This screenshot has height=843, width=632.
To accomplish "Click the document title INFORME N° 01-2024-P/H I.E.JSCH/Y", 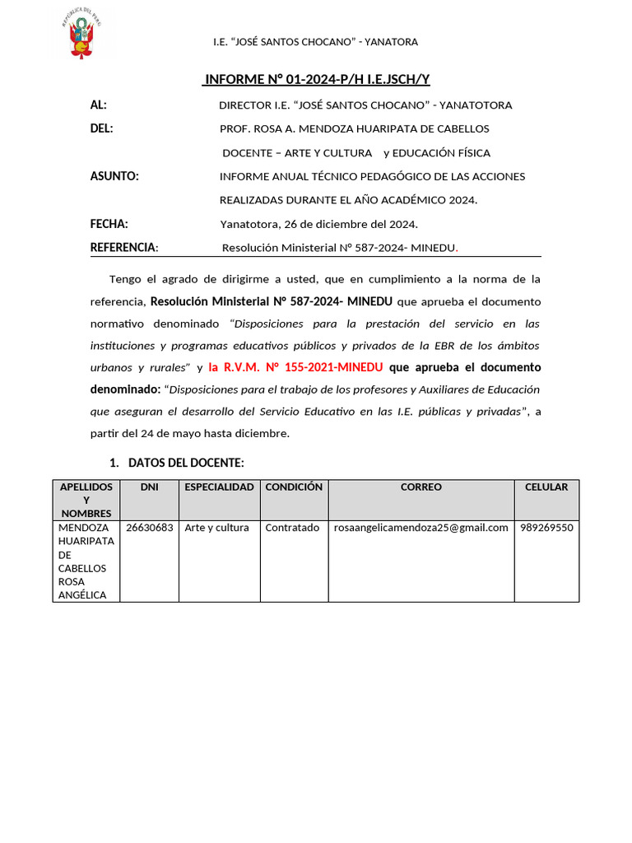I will (317, 79).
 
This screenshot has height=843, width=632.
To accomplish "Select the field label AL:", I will (99, 105).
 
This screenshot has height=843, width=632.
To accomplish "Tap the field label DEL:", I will (101, 128).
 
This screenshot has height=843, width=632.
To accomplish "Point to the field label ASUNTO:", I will (114, 176).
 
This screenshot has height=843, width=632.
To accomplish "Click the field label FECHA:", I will (109, 223).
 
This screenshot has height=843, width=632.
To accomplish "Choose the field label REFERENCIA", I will (123, 247).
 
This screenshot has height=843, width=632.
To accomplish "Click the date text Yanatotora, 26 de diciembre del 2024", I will (318, 224).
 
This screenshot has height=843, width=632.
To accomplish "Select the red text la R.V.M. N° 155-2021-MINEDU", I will (295, 367).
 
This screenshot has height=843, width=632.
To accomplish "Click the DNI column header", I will (149, 487).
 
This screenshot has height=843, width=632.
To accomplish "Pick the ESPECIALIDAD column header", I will (219, 487).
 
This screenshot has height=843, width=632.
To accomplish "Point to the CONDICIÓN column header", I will (294, 487).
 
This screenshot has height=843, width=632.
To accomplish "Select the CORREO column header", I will (421, 487).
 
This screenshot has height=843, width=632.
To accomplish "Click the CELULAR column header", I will (546, 487).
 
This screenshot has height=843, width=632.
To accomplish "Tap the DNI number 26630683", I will (149, 528).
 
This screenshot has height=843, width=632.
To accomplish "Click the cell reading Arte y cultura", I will (216, 528).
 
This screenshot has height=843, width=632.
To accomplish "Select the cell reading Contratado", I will (292, 528).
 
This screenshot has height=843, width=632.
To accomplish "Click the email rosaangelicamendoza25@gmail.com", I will (421, 528).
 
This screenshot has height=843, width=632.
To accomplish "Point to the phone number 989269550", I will (546, 528).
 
